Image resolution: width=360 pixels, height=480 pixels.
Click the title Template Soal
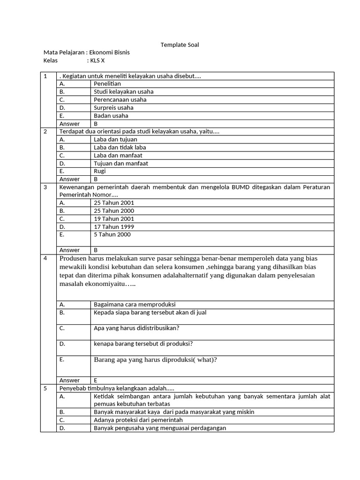(180, 45)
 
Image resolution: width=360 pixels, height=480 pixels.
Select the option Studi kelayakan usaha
(123, 91)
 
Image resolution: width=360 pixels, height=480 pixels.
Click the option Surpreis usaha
(113, 107)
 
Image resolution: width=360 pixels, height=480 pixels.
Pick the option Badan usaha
(111, 115)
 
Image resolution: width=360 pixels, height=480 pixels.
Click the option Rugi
(100, 171)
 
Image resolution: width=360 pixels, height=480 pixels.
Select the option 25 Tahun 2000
(114, 210)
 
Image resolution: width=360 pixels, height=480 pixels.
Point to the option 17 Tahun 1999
(114, 226)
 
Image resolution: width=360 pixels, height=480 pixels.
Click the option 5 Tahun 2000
(112, 234)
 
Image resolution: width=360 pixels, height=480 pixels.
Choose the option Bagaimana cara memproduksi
(135, 304)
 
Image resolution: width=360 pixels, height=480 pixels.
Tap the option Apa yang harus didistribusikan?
(136, 328)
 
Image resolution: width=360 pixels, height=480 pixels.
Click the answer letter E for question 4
(96, 380)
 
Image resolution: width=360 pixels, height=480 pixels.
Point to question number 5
(45, 388)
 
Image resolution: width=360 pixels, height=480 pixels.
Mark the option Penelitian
(107, 83)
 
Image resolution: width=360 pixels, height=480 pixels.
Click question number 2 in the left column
(45, 131)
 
